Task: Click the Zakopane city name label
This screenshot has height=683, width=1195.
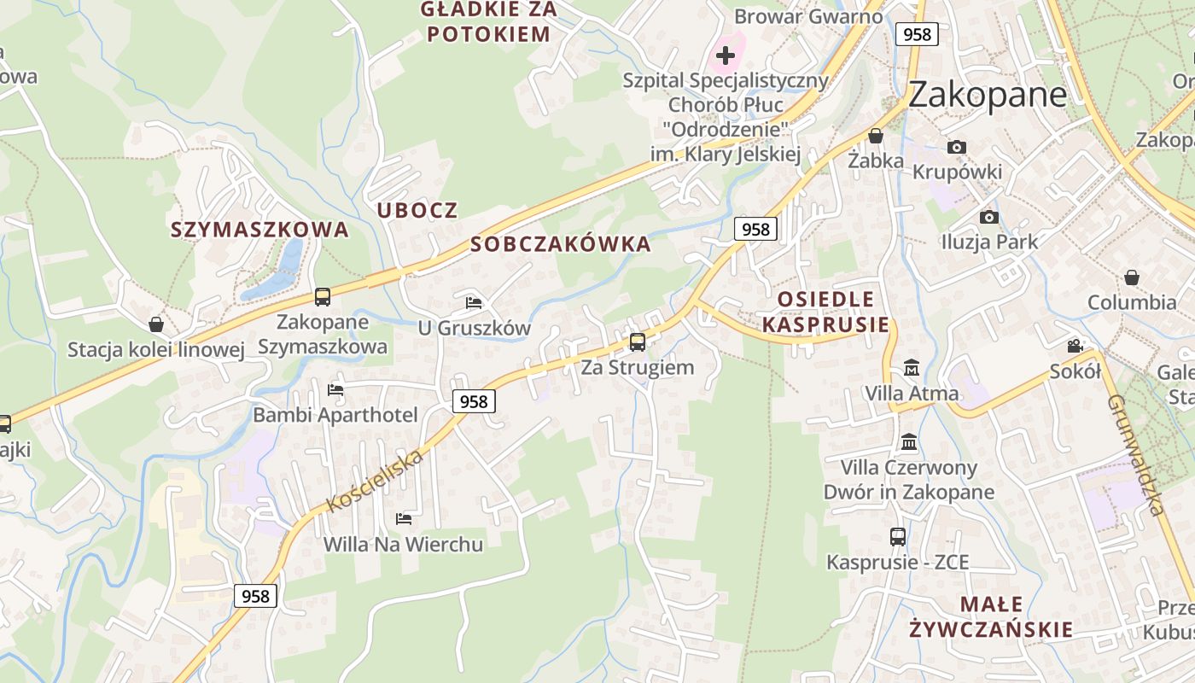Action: pos(987,94)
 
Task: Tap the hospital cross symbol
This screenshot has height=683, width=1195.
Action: pos(726,56)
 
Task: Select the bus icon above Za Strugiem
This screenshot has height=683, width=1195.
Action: pos(637,342)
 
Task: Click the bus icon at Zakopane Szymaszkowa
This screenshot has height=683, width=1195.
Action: pos(322,297)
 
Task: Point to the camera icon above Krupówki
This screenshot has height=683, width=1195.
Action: pos(957,147)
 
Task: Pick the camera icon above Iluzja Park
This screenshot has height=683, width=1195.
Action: pos(988,217)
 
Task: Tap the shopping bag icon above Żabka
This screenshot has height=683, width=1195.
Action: pos(875,136)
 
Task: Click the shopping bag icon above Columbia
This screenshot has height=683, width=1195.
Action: pos(1131,277)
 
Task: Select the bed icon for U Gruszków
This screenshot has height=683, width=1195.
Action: pos(474,302)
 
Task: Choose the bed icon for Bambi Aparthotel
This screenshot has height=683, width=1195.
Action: pos(335,390)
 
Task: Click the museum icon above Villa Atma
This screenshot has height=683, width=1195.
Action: pos(912,368)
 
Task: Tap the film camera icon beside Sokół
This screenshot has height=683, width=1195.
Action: pos(1075,346)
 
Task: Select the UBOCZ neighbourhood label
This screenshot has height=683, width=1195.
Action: pos(417,210)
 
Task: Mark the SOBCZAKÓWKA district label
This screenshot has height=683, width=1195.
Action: pos(560,244)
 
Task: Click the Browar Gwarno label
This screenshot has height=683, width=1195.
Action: pos(807,16)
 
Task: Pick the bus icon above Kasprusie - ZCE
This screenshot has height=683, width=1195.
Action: pos(897,536)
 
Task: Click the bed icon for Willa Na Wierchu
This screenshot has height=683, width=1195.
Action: pos(403,518)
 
